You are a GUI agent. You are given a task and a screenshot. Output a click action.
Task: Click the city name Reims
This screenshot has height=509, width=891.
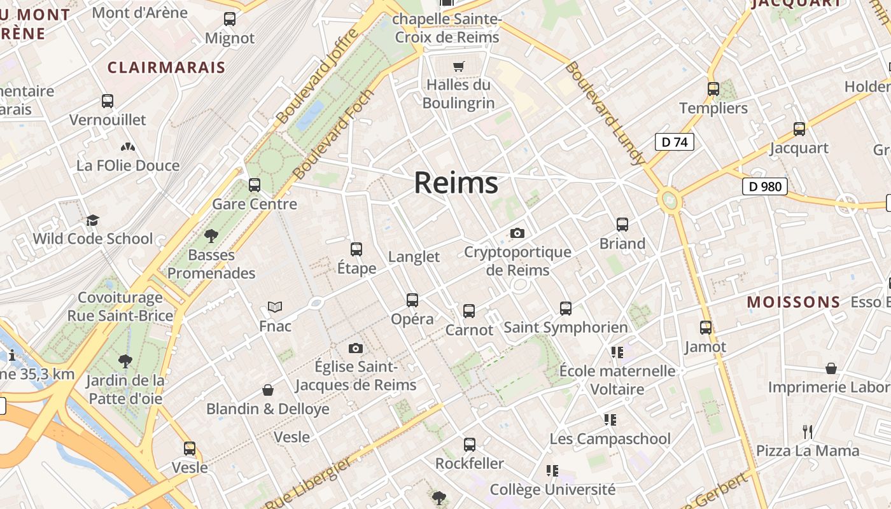[456, 183]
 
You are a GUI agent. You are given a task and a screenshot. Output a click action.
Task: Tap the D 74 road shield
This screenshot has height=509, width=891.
[675, 142]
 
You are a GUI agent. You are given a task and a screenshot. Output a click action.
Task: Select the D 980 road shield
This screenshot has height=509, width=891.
[764, 186]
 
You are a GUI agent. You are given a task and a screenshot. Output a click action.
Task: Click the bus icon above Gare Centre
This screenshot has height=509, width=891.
[255, 185]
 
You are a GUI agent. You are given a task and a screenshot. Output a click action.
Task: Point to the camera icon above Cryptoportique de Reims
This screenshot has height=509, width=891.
[517, 233]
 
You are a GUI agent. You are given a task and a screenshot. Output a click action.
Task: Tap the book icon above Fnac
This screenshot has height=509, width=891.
[275, 307]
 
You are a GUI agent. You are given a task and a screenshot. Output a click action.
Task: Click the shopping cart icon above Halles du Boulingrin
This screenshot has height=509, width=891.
[458, 66]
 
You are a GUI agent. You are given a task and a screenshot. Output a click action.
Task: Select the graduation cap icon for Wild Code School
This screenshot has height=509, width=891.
[93, 220]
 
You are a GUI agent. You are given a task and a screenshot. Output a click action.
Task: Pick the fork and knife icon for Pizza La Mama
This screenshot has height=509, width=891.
[808, 432]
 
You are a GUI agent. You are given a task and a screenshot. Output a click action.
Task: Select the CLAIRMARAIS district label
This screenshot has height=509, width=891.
[166, 67]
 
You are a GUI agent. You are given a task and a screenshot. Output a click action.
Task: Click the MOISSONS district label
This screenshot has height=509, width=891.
[794, 302]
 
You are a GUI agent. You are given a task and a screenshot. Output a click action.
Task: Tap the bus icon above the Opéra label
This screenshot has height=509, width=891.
[412, 300]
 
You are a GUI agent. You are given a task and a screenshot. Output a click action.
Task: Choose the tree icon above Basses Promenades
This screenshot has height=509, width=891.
[211, 236]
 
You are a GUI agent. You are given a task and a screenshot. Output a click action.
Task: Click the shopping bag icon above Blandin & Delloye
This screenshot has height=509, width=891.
[268, 389]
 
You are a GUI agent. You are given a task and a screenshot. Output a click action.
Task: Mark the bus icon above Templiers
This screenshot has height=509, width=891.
[713, 89]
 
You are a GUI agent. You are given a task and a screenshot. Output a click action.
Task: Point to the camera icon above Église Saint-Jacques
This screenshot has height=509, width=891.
[356, 348]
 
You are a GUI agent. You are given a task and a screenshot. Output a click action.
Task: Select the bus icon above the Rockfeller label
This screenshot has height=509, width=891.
[470, 444]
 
